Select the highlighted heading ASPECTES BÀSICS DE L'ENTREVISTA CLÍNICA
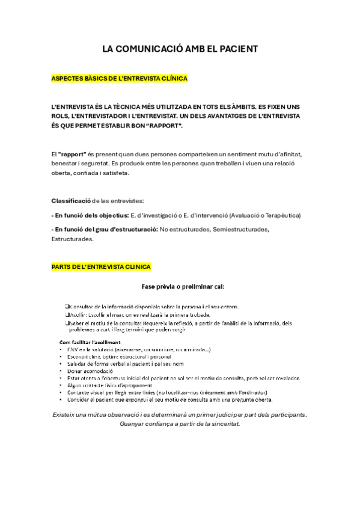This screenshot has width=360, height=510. coord(120,79)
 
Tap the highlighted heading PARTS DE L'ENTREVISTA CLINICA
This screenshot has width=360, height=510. coord(102,266)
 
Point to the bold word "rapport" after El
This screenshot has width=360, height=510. coord(73,154)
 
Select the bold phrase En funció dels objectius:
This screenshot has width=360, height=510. coord(90,215)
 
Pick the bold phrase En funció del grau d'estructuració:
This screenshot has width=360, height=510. coord(105,229)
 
